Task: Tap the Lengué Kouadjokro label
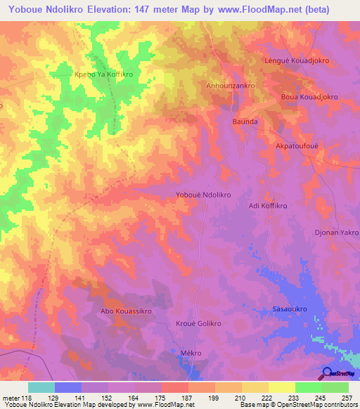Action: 297,60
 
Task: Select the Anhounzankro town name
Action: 230,85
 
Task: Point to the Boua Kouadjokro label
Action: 309,96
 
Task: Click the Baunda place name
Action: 245,122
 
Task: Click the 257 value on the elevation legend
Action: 347,397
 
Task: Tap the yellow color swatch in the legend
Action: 281,387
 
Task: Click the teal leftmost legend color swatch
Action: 41,387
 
